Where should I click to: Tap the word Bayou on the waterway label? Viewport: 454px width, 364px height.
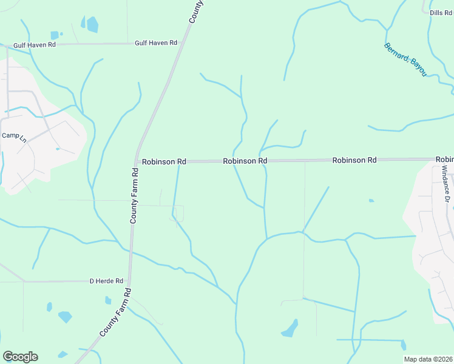tap(418, 66)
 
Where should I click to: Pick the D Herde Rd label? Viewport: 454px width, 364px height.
tap(106, 281)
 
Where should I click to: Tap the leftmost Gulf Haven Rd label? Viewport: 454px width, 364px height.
tap(36, 45)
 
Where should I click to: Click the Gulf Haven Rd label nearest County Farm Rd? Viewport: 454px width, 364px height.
tap(156, 43)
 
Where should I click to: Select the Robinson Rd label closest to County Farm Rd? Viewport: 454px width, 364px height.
tap(164, 162)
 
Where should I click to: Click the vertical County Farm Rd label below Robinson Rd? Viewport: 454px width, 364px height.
tap(135, 195)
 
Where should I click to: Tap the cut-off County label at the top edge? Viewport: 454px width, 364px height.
tap(197, 11)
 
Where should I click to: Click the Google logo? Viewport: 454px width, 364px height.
tap(20, 357)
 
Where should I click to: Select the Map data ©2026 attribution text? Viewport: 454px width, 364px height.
tap(428, 359)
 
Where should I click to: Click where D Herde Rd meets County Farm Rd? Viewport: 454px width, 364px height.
tap(129, 281)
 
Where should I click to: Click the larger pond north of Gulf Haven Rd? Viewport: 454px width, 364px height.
tap(92, 24)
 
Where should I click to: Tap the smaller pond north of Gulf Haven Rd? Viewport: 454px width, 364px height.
tap(55, 35)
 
